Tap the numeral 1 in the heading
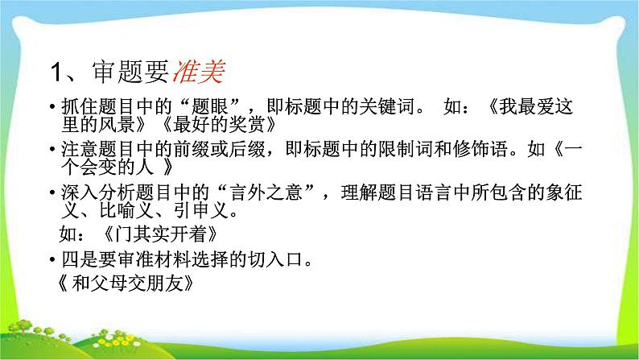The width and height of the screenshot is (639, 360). (x=57, y=76)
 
